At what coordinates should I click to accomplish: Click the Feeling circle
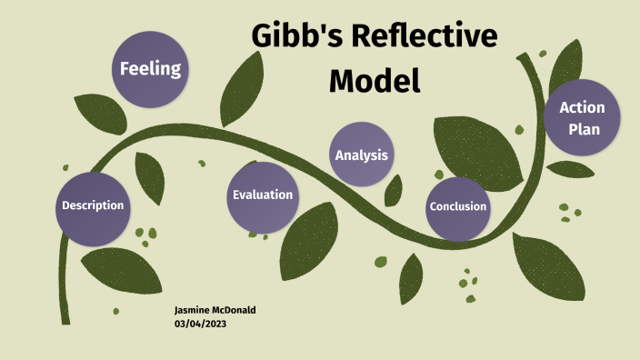151,68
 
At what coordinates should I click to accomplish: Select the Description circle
93,205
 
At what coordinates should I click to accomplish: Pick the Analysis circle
362,155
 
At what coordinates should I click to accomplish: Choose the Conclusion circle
458,206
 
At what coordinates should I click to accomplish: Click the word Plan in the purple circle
585,129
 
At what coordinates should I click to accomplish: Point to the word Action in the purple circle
583,108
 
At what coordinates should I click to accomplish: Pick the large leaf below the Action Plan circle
547,265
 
